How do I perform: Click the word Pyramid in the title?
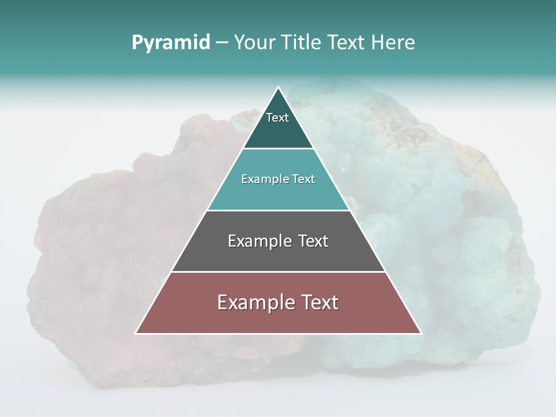pyautogui.click(x=171, y=43)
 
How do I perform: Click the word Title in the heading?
pyautogui.click(x=301, y=43)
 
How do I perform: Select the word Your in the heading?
pyautogui.click(x=255, y=43)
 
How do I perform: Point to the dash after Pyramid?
pyautogui.click(x=222, y=43)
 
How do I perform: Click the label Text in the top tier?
pyautogui.click(x=277, y=118)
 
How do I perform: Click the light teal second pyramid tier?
pyautogui.click(x=278, y=194)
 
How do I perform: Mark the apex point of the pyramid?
pyautogui.click(x=278, y=87)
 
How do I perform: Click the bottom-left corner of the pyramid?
pyautogui.click(x=136, y=333)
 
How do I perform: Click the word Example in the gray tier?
pyautogui.click(x=259, y=240)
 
